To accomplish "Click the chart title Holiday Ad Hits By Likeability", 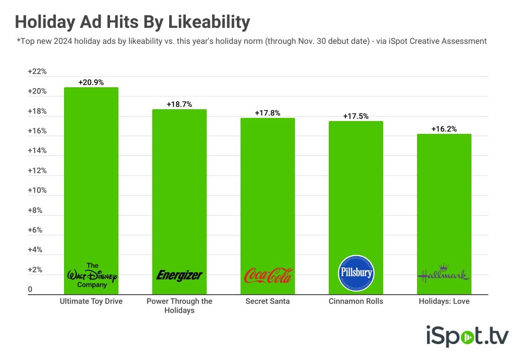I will point(133,22).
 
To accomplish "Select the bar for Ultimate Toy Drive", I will point(91,183).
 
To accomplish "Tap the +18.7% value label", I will point(179,104).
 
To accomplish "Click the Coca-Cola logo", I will point(268,275).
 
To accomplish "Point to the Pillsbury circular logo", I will point(356,273).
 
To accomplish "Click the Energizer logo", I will point(179,275).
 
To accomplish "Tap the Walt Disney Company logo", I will point(91,275).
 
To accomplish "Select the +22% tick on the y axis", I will point(37,72).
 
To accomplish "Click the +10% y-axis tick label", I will point(37,190).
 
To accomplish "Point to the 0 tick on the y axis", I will point(30,289).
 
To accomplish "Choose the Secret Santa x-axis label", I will point(268,302).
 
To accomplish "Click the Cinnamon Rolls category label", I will point(356,302).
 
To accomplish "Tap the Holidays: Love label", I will point(444,302).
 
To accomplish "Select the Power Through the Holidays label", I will point(179,306).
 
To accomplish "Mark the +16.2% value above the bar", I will point(444,129).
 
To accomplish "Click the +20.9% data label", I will point(91,83).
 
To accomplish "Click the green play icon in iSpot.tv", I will point(467,338).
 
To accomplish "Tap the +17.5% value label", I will point(356,116).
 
